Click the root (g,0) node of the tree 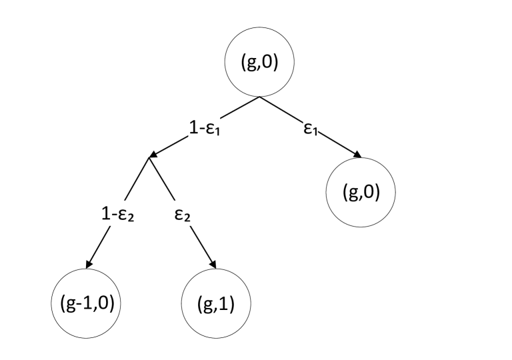click(259, 62)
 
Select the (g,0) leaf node click(361, 192)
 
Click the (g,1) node click(216, 303)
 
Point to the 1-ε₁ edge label click(205, 128)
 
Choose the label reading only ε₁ click(311, 128)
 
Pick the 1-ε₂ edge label click(117, 214)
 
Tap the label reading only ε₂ click(183, 214)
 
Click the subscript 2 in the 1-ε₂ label click(131, 218)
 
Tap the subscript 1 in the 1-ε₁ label click(217, 132)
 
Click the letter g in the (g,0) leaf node click(353, 193)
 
